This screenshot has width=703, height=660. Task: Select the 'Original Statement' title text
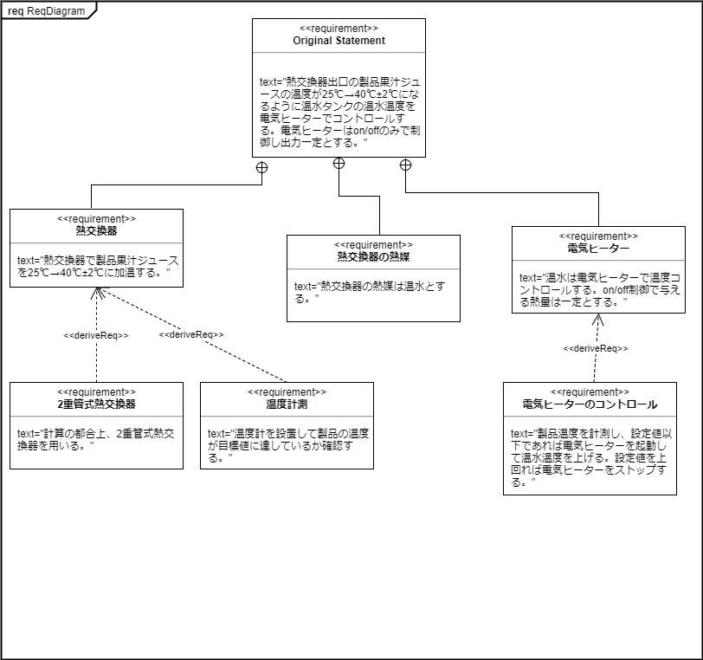click(339, 40)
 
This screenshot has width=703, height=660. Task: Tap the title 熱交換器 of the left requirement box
click(96, 231)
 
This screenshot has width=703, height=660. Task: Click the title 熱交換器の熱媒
click(373, 257)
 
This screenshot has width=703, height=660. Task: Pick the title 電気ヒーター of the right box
click(598, 249)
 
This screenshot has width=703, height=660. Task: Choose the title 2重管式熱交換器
click(96, 404)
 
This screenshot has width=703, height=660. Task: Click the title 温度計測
click(287, 404)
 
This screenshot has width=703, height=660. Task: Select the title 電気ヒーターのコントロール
click(590, 404)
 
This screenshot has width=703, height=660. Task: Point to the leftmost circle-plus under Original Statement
click(261, 167)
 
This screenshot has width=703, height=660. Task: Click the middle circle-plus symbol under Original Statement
click(339, 164)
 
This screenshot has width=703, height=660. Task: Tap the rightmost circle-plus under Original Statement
click(405, 164)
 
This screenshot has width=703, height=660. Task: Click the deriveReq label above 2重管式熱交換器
click(96, 335)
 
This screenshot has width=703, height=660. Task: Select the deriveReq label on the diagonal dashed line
click(191, 334)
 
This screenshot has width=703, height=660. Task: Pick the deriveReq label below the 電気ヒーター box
click(596, 348)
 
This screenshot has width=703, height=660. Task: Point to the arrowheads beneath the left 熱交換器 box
click(98, 294)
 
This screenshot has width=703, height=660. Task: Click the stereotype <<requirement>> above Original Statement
click(339, 29)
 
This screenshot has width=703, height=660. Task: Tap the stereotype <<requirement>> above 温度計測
click(287, 392)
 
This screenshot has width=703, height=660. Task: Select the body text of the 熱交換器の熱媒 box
click(372, 291)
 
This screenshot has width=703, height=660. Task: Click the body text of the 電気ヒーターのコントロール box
click(590, 457)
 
